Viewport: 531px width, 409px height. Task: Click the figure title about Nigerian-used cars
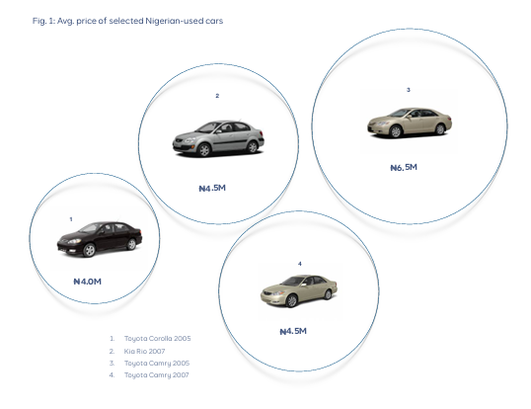127,21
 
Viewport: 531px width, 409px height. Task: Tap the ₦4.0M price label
88,282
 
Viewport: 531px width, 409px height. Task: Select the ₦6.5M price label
404,167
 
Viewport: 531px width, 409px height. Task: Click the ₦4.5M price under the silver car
212,188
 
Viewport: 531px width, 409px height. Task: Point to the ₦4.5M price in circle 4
293,331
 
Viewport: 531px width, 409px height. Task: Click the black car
100,239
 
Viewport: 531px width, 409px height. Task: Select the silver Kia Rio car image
218,138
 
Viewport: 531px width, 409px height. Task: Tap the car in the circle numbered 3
410,123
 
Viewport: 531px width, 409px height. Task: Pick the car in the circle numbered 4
299,290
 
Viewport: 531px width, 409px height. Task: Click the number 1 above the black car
71,219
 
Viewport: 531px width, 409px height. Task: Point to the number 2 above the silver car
217,96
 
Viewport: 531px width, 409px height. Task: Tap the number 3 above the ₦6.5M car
409,90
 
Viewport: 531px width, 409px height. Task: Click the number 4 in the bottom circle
300,264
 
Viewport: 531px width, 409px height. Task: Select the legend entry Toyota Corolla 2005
158,339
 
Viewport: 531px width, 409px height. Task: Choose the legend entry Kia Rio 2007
145,351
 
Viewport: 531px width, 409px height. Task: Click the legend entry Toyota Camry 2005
157,364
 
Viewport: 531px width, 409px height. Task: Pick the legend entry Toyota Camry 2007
157,375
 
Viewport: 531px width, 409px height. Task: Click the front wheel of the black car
89,250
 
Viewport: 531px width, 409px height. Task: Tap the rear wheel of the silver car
253,147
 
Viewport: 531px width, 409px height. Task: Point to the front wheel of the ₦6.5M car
396,131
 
